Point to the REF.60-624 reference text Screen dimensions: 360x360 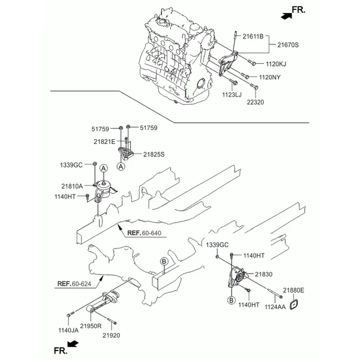[x=75, y=283]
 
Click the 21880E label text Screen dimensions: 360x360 [x=294, y=290]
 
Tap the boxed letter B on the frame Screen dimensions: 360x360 [x=163, y=262]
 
